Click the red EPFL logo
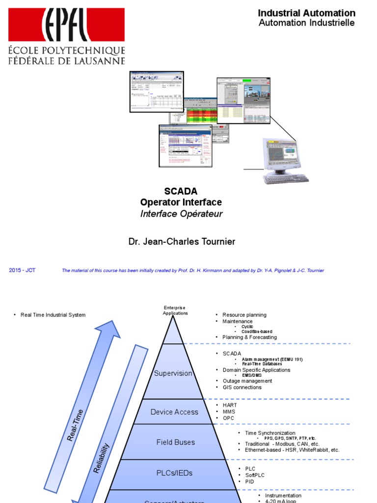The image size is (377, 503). (x=66, y=25)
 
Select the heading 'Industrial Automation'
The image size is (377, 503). (x=306, y=13)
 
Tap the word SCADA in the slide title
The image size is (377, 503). (x=181, y=191)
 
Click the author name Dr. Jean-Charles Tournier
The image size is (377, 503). (x=182, y=242)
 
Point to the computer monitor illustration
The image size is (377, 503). (x=283, y=153)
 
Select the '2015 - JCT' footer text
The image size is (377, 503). (x=22, y=270)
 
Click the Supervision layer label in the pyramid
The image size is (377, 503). (x=173, y=373)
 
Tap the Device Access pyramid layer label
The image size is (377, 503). (x=174, y=412)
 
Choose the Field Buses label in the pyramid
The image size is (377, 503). (x=176, y=442)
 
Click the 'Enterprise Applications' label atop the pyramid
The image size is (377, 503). (x=175, y=310)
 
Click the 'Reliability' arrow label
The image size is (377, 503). (x=102, y=458)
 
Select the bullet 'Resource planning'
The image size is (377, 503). (x=244, y=315)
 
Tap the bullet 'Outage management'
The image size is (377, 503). (x=247, y=381)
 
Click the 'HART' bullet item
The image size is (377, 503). (x=230, y=405)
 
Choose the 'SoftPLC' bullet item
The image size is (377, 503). (x=256, y=475)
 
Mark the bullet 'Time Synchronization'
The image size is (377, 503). (x=270, y=433)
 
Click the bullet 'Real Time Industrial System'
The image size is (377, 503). (x=53, y=315)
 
